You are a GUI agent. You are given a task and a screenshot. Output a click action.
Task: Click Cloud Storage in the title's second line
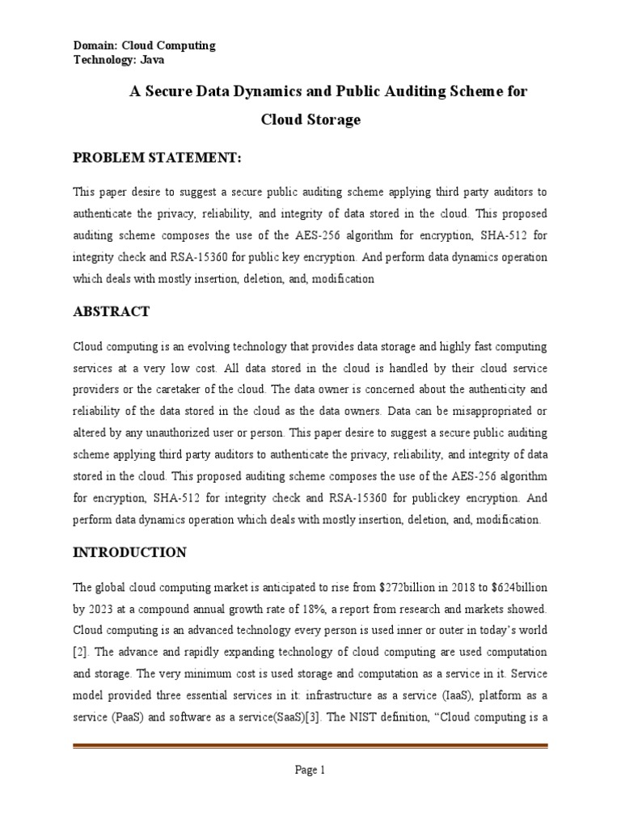(310, 120)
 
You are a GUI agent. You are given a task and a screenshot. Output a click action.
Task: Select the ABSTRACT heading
(111, 311)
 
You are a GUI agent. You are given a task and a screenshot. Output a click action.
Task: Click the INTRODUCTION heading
(129, 553)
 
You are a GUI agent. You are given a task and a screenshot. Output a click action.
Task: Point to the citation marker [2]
(81, 651)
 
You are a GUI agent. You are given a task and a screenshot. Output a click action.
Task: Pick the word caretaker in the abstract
(189, 389)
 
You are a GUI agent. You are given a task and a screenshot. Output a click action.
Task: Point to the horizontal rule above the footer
(310, 746)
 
